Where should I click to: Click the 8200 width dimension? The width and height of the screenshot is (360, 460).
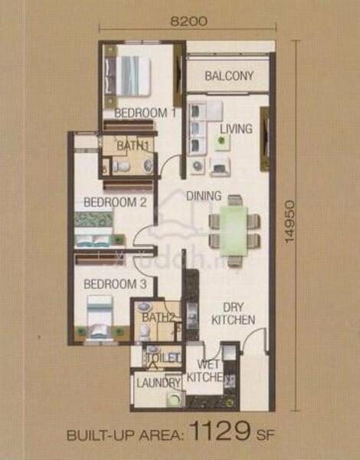point(188,21)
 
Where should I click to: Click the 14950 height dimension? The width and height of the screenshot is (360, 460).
point(290,222)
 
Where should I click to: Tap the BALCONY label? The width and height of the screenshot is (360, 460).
point(229,76)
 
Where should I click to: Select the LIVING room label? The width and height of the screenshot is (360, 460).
point(236,129)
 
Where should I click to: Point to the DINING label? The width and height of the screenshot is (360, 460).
point(204,195)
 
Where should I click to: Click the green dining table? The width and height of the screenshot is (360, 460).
point(234,231)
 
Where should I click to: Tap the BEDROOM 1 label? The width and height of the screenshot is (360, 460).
point(145,113)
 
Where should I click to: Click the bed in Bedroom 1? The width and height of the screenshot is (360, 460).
point(128,75)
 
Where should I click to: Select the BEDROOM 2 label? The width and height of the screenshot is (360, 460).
point(115,202)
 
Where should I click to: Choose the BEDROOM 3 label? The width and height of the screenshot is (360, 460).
point(115,284)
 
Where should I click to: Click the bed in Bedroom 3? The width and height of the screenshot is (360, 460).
point(100,317)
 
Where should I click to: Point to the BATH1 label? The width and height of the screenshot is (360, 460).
point(133,146)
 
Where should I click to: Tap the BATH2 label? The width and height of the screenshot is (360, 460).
point(159,317)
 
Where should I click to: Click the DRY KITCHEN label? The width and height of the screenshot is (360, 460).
point(234,314)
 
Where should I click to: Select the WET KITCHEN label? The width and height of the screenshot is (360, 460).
point(208,371)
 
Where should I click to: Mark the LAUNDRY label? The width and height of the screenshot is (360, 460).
point(159,383)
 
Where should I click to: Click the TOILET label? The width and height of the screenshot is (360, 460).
point(163,357)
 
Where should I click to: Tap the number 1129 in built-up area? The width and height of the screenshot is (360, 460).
point(221,431)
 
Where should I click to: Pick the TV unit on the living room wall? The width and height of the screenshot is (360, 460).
point(266,139)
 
